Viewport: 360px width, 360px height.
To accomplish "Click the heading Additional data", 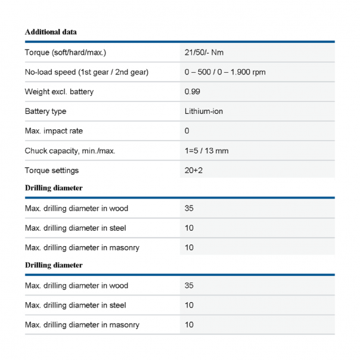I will tap(51, 32).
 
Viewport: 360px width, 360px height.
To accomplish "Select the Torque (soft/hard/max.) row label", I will tap(65, 52).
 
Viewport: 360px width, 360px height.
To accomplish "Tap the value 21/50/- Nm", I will tap(204, 52).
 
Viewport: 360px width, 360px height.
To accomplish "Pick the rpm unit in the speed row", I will tap(259, 72).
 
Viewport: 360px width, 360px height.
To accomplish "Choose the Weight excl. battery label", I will tap(59, 92).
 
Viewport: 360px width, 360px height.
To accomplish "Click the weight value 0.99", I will tap(192, 92).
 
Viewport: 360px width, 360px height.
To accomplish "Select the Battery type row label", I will tap(45, 111).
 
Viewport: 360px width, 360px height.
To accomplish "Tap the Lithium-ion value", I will tap(204, 111).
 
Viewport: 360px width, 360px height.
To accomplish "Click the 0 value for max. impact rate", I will tap(187, 131).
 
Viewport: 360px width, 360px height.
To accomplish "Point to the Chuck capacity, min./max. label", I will tap(70, 151).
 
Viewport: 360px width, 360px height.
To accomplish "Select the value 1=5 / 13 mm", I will tap(206, 151).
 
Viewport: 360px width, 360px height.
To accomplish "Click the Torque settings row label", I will tap(52, 170).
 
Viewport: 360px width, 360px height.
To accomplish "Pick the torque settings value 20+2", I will tap(194, 170).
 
